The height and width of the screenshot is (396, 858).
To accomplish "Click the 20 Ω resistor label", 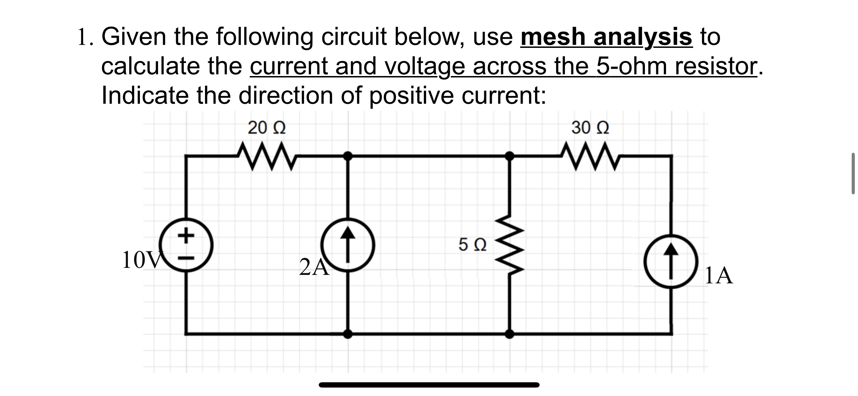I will (267, 128).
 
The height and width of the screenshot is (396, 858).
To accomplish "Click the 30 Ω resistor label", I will (590, 128).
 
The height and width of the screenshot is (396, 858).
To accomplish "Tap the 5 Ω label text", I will (473, 245).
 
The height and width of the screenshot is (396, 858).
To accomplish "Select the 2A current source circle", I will (348, 245).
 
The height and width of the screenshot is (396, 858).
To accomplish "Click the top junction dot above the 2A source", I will (348, 155).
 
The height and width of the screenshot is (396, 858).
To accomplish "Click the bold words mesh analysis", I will (606, 37).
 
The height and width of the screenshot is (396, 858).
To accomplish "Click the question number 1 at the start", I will (82, 38).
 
